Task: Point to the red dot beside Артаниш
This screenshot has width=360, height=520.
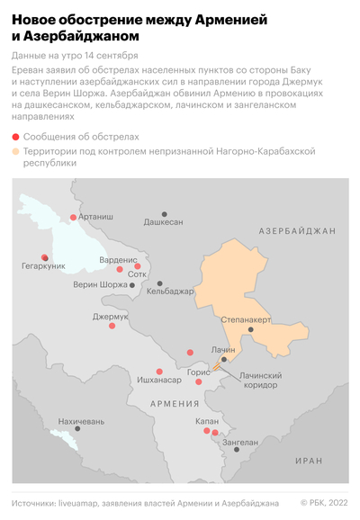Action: tap(74, 217)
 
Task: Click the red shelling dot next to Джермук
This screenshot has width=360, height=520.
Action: tap(112, 326)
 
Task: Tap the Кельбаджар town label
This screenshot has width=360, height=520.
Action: tap(170, 291)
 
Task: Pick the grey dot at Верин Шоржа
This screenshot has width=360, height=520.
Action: tap(133, 285)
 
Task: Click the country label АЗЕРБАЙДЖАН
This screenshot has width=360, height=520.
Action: tap(296, 231)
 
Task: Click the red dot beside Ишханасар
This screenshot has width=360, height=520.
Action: tap(159, 371)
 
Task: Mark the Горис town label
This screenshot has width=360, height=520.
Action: tap(198, 372)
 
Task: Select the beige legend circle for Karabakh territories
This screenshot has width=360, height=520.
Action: tap(15, 153)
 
